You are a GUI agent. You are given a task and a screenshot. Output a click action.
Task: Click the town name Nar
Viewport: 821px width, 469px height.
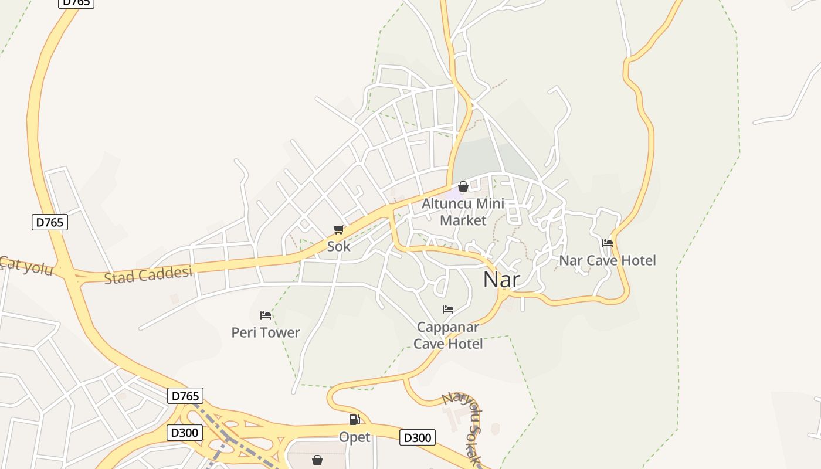click(501, 279)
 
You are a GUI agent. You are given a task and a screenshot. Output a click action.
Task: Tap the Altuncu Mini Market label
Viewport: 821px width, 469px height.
click(463, 212)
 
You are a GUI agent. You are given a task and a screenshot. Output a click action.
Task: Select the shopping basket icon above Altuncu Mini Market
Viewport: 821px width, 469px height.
click(463, 187)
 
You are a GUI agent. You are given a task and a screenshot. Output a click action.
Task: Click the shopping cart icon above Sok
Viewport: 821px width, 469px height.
click(338, 230)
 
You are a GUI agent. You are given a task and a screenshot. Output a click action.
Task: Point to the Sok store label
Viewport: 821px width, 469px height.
click(338, 246)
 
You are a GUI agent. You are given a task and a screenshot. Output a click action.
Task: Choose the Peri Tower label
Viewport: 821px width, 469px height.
click(266, 332)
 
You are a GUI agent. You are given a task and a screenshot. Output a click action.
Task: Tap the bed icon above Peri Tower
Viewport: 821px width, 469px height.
click(266, 315)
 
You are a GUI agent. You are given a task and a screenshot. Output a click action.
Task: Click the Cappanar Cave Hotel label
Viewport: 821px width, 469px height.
click(448, 335)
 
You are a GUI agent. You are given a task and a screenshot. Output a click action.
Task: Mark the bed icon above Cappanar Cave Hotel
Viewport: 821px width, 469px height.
click(448, 310)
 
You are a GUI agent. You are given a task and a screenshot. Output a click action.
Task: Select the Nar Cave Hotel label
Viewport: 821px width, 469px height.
click(608, 260)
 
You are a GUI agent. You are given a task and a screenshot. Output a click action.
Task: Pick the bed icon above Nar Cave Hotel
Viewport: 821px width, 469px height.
click(608, 243)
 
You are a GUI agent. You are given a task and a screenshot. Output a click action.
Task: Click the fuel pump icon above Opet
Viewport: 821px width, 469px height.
click(354, 420)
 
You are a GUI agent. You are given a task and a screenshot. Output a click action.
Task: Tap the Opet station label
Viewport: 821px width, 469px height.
click(355, 437)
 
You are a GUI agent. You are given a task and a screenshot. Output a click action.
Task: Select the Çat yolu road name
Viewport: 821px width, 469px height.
click(26, 266)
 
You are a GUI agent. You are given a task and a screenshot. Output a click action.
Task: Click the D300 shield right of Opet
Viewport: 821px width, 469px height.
click(418, 437)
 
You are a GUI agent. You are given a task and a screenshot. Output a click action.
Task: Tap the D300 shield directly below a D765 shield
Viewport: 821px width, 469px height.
click(185, 433)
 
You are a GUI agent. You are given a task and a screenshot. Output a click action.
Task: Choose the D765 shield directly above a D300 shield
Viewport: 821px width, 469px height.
click(185, 396)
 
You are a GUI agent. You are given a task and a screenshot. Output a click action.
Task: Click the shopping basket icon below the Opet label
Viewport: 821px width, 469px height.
click(317, 460)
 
